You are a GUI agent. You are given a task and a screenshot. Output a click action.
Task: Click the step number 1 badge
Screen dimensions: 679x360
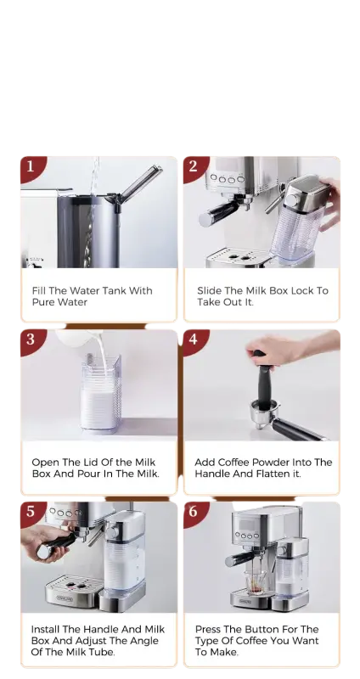click(31, 166)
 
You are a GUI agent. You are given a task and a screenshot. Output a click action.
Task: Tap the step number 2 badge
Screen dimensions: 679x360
click(194, 166)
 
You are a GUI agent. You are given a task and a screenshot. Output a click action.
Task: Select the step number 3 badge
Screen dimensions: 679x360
click(31, 339)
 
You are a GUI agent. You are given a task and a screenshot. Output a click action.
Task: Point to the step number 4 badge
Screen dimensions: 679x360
click(194, 339)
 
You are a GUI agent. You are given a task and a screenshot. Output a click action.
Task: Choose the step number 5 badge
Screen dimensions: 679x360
click(31, 512)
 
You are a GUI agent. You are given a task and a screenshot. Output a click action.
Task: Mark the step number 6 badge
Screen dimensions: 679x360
click(194, 512)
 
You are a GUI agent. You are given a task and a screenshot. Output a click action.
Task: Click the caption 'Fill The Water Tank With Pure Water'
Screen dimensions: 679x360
click(92, 296)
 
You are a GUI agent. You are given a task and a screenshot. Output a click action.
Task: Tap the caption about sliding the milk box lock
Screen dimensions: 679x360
click(262, 296)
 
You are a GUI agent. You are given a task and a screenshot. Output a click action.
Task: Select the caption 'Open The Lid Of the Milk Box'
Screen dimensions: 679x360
click(95, 469)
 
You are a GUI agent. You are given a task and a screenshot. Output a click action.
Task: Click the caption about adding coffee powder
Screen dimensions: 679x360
click(263, 469)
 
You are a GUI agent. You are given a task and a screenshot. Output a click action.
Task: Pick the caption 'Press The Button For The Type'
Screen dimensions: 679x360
click(256, 640)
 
